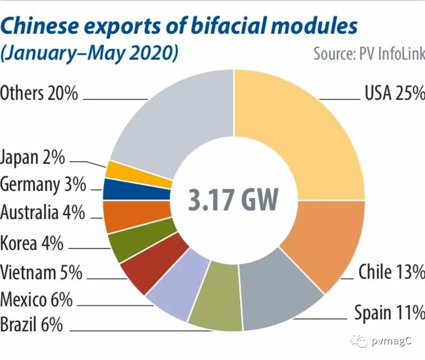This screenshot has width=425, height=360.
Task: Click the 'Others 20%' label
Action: pos(39,93)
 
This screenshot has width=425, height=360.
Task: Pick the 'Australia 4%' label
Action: pos(42,213)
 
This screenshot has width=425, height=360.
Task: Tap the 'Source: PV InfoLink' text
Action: pos(368,54)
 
